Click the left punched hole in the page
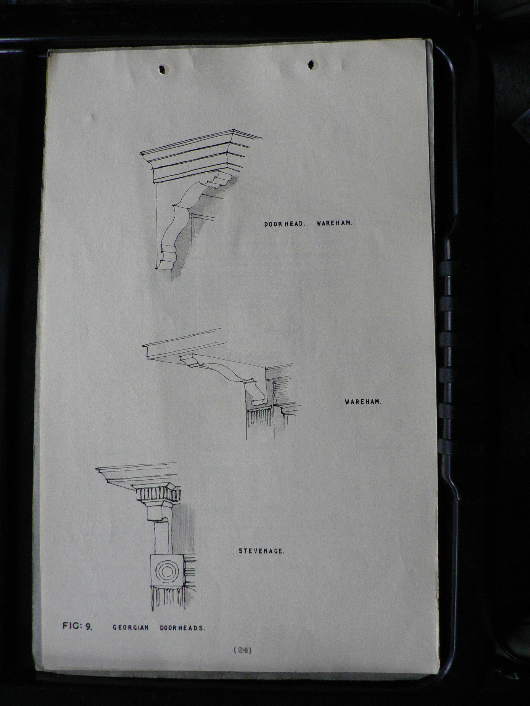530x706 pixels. (x=164, y=69)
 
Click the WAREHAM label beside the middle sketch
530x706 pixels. (x=363, y=402)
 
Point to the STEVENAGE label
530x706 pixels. (x=261, y=551)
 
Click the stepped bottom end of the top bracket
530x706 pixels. (x=166, y=258)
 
